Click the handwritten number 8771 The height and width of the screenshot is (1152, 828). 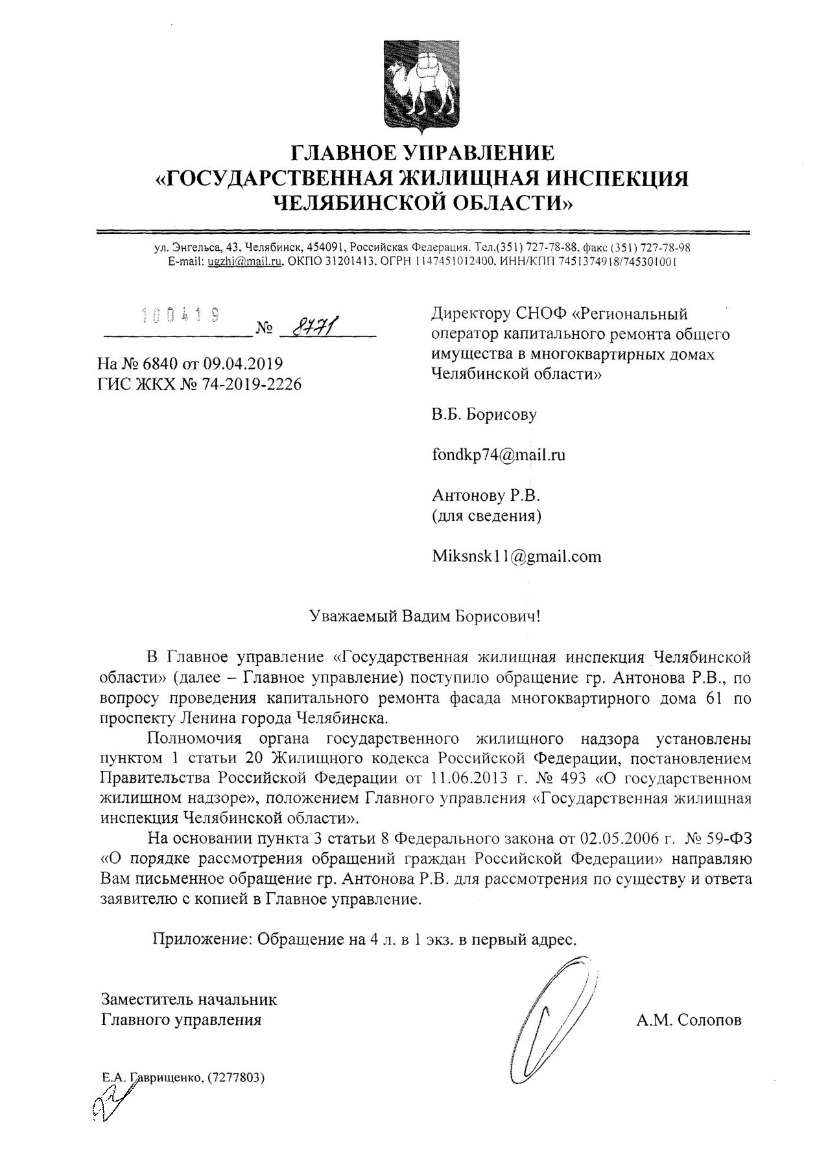(x=317, y=328)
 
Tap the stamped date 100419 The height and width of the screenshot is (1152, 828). (x=180, y=316)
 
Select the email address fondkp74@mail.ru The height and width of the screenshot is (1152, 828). (x=498, y=455)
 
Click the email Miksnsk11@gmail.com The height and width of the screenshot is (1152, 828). (x=516, y=556)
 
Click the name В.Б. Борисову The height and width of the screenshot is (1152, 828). (x=484, y=415)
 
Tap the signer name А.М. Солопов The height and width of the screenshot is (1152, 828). (x=689, y=1020)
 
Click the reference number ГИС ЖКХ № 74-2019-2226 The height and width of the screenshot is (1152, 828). (x=199, y=384)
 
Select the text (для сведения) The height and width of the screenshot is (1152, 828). (x=486, y=516)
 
